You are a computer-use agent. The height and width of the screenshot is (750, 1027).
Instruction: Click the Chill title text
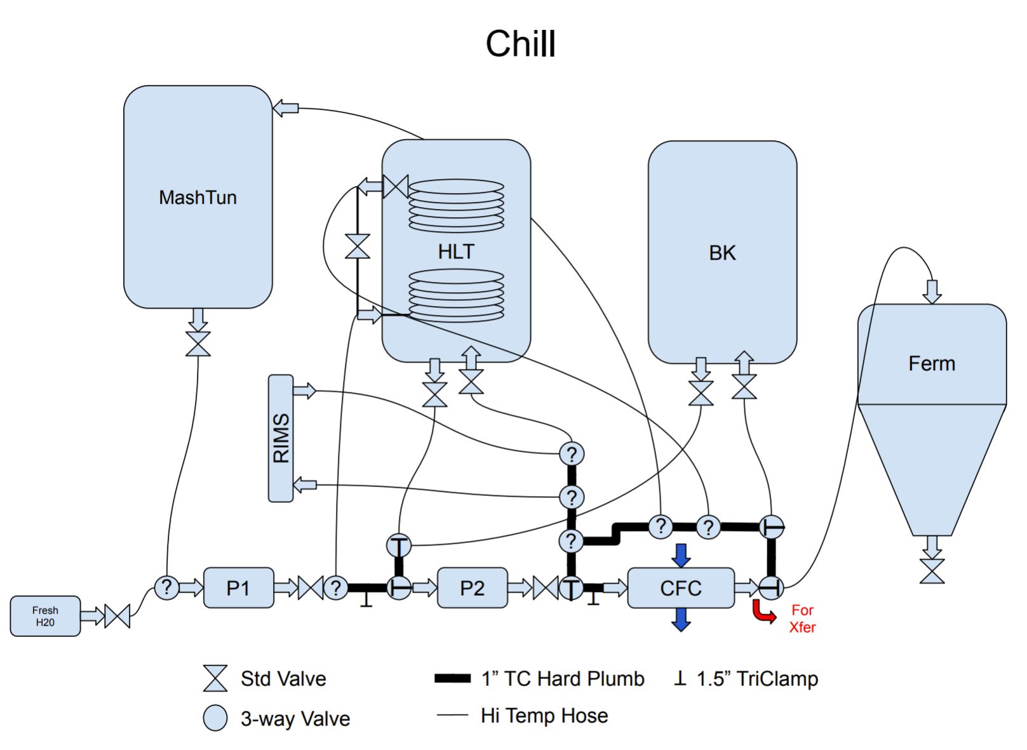click(x=520, y=44)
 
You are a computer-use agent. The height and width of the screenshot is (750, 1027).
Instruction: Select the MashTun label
click(x=198, y=198)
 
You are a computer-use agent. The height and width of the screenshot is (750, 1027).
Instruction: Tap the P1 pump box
click(x=238, y=588)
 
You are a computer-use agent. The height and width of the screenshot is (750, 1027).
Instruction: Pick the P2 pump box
click(x=472, y=588)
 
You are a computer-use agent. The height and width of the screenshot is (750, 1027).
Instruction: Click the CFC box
click(x=680, y=588)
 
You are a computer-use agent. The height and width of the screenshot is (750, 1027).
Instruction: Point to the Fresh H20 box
click(x=45, y=616)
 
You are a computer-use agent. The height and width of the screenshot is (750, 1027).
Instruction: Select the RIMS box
click(x=281, y=438)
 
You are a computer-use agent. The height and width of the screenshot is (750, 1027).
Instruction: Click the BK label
click(x=722, y=253)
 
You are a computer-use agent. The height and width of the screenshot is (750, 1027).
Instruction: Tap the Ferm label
click(x=932, y=363)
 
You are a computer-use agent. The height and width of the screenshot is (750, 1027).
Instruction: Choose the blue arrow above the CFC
click(x=681, y=555)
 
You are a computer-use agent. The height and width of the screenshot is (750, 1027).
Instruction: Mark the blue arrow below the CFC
click(x=681, y=620)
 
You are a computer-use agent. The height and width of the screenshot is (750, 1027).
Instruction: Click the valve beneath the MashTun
click(x=198, y=344)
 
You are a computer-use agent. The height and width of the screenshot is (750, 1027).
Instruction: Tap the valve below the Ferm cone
click(x=932, y=571)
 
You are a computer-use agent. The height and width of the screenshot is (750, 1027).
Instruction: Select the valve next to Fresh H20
click(x=117, y=616)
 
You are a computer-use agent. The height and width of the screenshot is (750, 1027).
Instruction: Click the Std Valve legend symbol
click(x=215, y=678)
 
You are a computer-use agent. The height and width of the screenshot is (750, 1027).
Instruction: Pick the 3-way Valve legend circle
click(x=215, y=718)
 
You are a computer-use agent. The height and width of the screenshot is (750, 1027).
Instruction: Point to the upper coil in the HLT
click(x=456, y=205)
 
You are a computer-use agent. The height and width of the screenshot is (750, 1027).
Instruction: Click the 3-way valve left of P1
click(x=166, y=587)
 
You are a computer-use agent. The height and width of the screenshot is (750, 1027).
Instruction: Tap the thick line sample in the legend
click(x=452, y=678)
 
